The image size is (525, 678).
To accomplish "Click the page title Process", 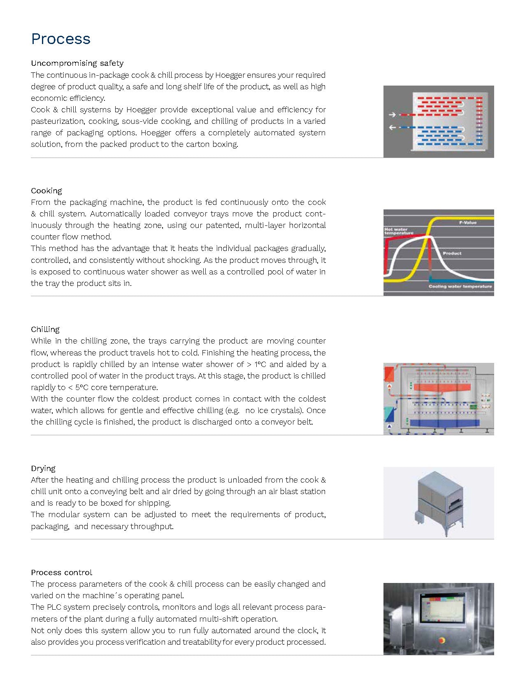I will (60, 39).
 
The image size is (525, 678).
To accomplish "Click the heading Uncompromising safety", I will (77, 63).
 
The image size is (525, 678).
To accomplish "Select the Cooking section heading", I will (46, 190).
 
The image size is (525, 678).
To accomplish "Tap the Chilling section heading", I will (45, 329).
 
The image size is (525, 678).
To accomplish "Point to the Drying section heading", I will (43, 468).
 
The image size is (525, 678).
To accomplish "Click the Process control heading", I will (62, 572).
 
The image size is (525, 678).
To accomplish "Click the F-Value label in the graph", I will (467, 222).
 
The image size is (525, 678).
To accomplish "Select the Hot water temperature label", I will (398, 231).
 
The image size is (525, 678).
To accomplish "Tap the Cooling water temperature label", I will (460, 286).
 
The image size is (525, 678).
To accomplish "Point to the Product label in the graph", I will (452, 253).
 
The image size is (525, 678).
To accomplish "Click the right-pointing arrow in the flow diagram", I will (392, 115).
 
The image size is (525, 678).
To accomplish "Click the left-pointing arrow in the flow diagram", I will (392, 128).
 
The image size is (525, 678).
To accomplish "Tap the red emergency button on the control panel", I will (442, 640).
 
